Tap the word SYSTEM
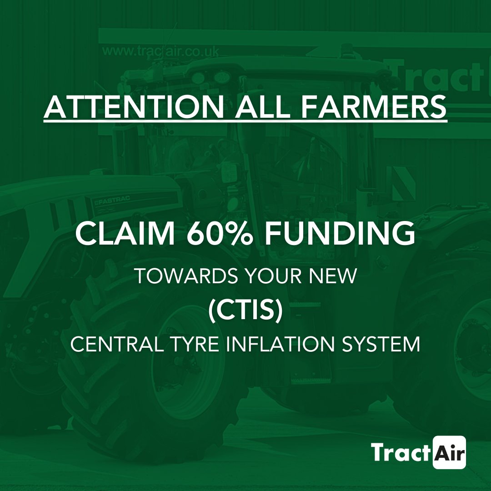(x=383, y=344)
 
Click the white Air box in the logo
(x=450, y=452)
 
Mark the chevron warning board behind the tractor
(x=403, y=183)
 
